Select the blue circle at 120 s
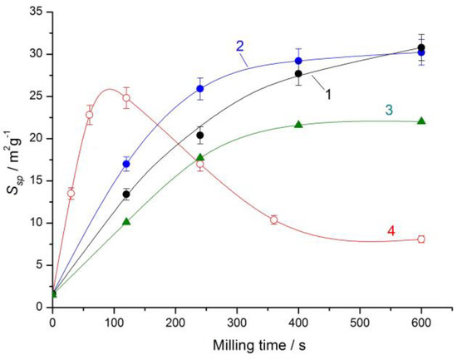click(126, 164)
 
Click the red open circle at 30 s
click(71, 193)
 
